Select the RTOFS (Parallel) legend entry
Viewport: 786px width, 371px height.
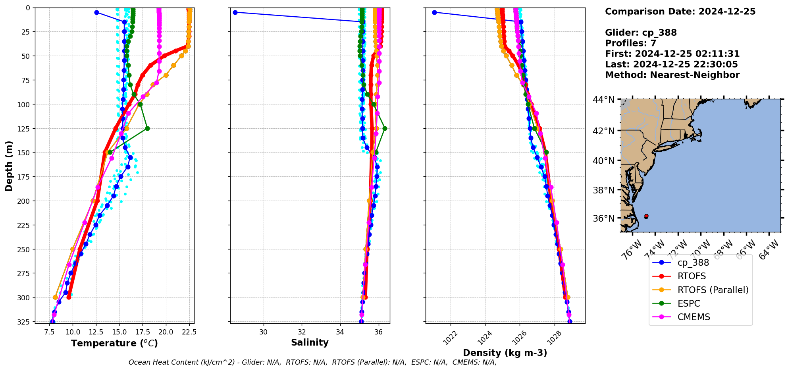713,290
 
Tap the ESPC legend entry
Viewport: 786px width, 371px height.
689,303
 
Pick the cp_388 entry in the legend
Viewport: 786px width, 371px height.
693,263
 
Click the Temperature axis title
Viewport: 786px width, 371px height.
114,343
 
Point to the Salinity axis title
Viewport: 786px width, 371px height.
310,342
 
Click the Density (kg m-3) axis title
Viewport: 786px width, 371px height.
505,353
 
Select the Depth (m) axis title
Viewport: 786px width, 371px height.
9,166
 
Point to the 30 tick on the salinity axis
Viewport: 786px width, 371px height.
264,332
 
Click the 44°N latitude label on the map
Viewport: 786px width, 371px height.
603,100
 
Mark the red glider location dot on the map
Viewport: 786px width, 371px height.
646,216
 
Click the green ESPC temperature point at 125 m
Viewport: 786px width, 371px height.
147,128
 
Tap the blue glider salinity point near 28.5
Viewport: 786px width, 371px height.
235,12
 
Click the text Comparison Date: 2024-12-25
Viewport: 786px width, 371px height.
680,12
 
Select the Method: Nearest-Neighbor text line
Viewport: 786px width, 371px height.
672,75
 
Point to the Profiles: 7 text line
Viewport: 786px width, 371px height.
630,43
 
